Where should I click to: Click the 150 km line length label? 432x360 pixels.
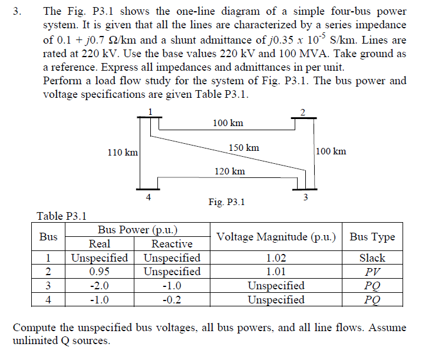point(243,147)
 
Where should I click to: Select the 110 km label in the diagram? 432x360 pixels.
point(123,153)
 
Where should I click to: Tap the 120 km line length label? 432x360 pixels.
point(230,171)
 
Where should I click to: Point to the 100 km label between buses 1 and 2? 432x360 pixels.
point(227,123)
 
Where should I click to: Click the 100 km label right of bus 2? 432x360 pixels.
point(331,151)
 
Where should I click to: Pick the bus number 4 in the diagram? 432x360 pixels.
point(148,196)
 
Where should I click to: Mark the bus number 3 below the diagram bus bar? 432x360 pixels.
point(305,197)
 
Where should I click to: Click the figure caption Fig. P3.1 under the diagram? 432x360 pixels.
point(227,202)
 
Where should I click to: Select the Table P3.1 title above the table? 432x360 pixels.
point(61,216)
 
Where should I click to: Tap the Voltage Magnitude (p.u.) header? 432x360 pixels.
point(276,237)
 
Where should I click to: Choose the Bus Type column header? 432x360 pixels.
point(372,237)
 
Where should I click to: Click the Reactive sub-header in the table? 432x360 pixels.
point(172,244)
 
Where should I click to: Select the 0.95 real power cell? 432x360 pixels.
point(99,272)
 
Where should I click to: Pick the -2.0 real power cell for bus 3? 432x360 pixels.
point(99,286)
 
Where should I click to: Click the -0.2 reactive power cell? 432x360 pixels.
point(172,299)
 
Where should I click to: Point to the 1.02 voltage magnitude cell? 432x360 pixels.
point(276,258)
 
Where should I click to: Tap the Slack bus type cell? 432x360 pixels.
point(372,258)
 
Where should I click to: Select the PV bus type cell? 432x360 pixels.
point(372,272)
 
